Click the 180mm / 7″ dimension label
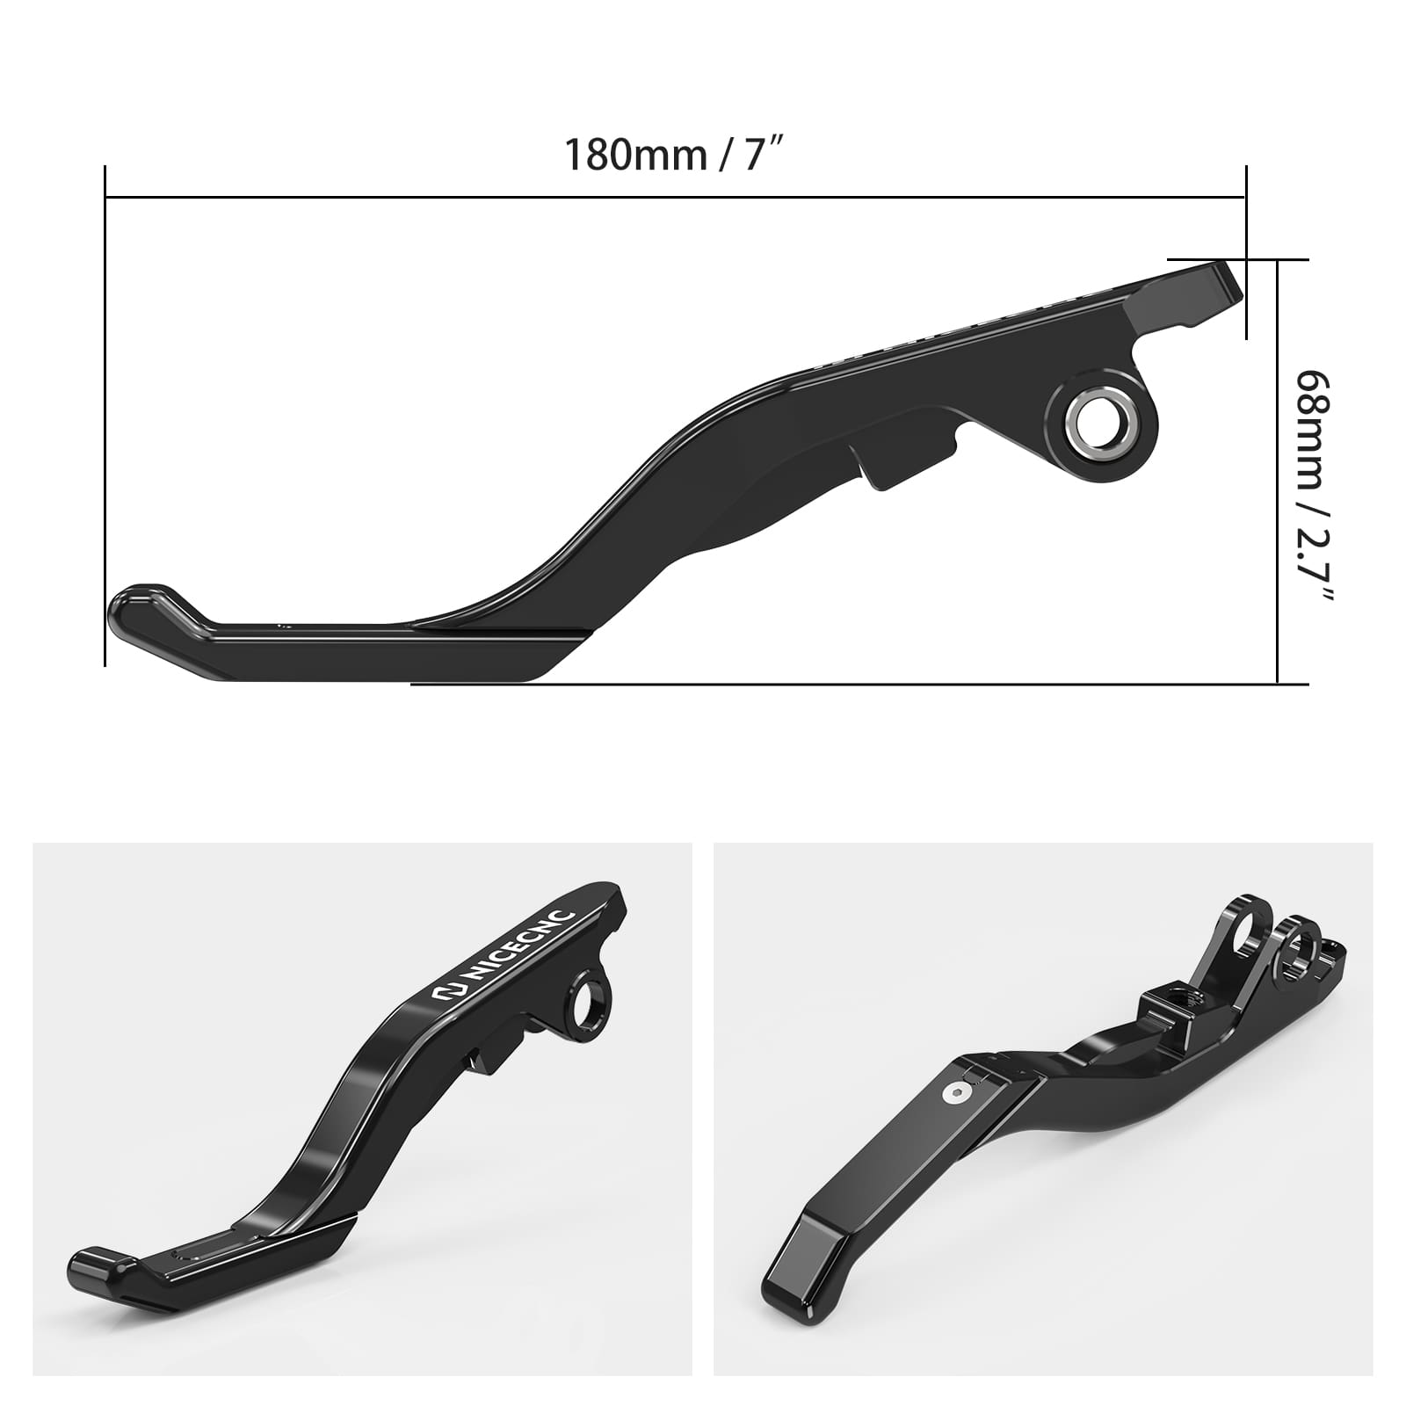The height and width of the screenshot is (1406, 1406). [673, 155]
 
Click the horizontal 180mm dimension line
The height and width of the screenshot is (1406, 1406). [673, 198]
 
